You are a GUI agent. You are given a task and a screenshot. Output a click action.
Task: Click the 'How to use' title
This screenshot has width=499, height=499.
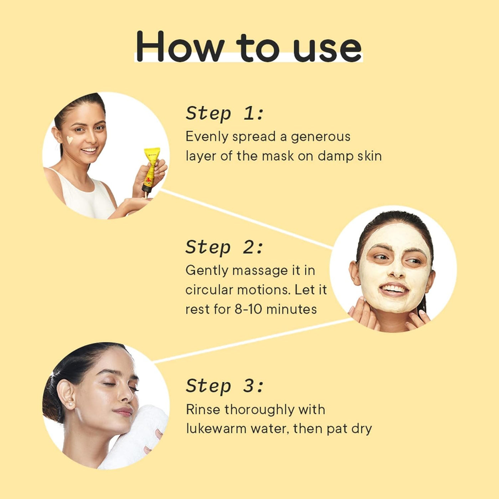pyautogui.click(x=249, y=47)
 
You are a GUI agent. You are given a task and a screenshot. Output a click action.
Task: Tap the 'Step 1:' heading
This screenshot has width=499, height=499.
pyautogui.click(x=224, y=113)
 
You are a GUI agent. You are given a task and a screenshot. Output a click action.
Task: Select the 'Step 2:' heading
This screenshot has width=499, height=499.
pyautogui.click(x=224, y=247)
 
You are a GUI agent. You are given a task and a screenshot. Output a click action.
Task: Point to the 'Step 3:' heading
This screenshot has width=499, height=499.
pyautogui.click(x=225, y=386)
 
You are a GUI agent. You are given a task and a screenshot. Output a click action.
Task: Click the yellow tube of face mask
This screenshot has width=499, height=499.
pyautogui.click(x=151, y=168)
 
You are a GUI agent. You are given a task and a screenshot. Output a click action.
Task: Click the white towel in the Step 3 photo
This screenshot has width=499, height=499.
pyautogui.click(x=135, y=438)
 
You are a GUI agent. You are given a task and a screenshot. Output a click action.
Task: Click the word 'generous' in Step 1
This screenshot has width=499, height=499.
pyautogui.click(x=320, y=137)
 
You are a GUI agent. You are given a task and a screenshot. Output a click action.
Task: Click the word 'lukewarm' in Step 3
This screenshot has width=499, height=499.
pyautogui.click(x=216, y=428)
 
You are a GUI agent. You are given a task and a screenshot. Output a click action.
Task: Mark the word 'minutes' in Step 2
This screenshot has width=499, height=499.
pyautogui.click(x=291, y=309)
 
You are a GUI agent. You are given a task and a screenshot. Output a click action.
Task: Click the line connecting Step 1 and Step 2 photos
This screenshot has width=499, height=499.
pyautogui.click(x=246, y=219)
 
